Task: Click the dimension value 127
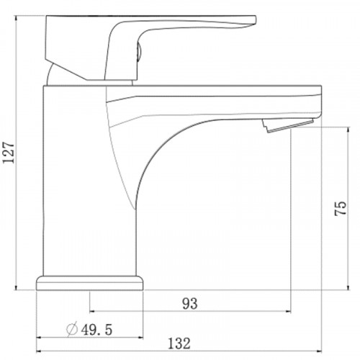click(x=9, y=153)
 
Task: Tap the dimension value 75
click(x=341, y=208)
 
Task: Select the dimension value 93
click(x=190, y=304)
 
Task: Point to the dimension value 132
click(x=179, y=343)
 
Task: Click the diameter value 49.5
click(x=96, y=330)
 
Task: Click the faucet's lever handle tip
click(x=255, y=20)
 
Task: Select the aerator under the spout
click(x=288, y=125)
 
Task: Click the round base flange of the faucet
click(x=90, y=283)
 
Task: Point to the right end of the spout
click(x=321, y=102)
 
